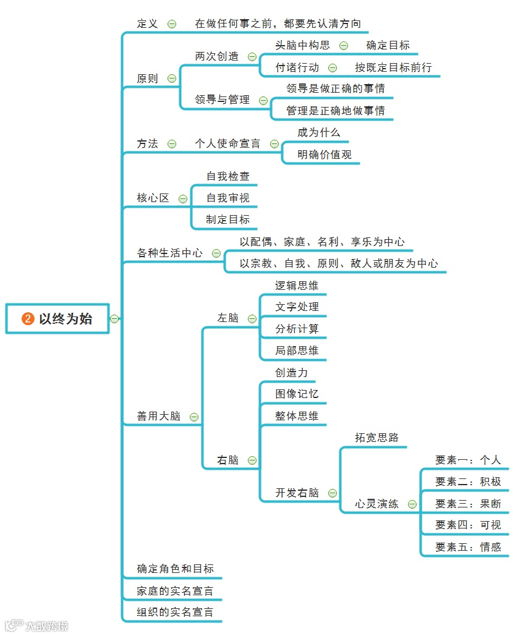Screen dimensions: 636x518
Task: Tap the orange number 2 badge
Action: (27, 319)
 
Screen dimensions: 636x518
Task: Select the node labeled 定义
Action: (147, 23)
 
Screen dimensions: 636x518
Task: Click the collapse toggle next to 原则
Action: (172, 78)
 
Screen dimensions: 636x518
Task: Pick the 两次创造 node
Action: (216, 56)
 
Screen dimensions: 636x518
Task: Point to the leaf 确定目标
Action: (388, 45)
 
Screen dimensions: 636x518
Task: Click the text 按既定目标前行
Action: (393, 67)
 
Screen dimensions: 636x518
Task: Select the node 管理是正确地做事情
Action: (335, 111)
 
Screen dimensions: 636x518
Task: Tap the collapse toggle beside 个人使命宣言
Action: (274, 143)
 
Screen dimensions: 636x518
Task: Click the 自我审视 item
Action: (228, 198)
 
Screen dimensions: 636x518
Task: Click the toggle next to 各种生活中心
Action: (216, 253)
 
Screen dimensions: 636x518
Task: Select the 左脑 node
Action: (227, 318)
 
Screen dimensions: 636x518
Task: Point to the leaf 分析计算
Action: (297, 329)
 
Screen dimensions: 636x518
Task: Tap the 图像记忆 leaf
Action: (297, 394)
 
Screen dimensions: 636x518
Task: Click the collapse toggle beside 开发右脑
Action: (333, 493)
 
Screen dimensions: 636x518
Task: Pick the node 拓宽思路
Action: (376, 438)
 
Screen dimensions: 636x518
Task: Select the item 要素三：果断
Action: (468, 503)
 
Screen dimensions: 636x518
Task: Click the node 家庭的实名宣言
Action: (175, 590)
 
